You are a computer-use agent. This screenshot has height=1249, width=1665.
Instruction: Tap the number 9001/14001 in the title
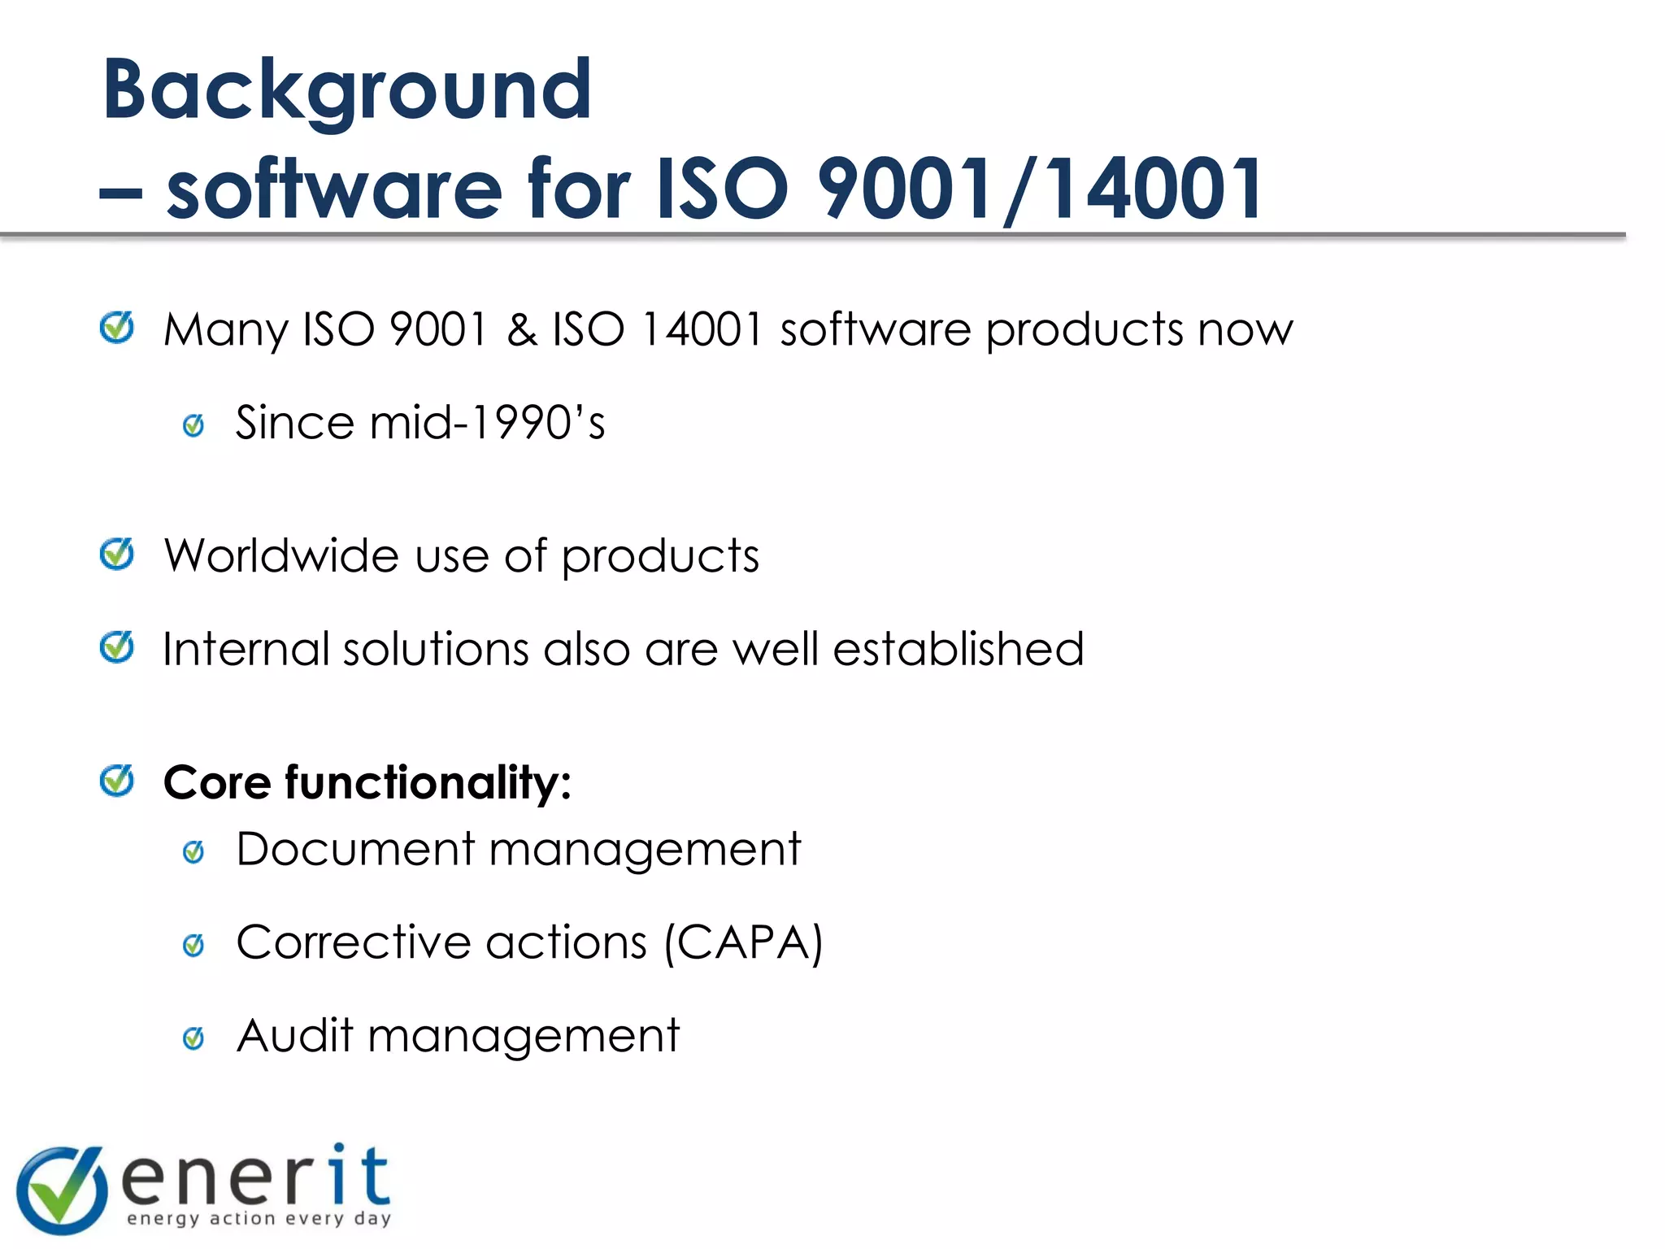(1040, 189)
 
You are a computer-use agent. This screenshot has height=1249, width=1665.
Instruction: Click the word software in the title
(334, 189)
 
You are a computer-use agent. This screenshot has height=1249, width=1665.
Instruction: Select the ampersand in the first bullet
(521, 330)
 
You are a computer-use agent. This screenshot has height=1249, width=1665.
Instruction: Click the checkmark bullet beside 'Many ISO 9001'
(117, 328)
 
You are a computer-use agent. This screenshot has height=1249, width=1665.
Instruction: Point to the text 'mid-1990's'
(487, 423)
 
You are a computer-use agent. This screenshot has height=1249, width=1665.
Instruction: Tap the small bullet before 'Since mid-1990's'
(193, 424)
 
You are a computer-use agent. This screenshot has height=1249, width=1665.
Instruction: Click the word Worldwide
(281, 556)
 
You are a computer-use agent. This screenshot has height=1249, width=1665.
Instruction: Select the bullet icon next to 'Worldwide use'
(117, 555)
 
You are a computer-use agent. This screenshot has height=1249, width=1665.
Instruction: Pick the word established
(959, 649)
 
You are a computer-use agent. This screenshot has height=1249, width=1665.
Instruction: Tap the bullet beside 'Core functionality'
(117, 781)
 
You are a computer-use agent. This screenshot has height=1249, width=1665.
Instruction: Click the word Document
(355, 849)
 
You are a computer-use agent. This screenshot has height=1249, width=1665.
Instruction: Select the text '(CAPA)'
(743, 943)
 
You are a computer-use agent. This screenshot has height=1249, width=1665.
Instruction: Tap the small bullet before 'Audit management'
(193, 1038)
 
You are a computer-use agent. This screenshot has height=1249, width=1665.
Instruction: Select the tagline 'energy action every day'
(259, 1218)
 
